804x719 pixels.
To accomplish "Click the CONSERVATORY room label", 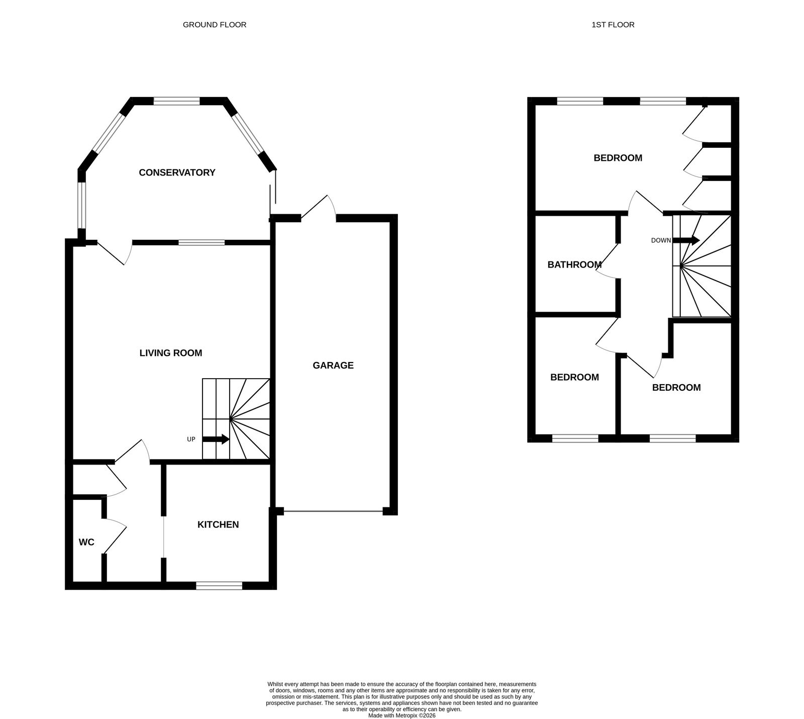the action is pos(177,172).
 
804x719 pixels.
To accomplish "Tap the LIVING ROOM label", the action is pos(171,353).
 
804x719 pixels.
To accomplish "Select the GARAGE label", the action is pos(333,366).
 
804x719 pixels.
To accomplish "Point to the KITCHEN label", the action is pos(218,525).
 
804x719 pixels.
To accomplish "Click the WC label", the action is pos(86,543).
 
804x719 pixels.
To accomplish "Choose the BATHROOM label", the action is pos(574,264).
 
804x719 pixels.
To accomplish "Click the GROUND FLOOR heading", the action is pos(215,25).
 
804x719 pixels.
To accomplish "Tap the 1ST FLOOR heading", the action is pos(613,25).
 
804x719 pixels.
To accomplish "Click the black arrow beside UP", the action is pos(216,439).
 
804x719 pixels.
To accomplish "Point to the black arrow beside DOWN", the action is pos(686,240).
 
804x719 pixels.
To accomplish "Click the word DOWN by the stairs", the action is pos(661,240).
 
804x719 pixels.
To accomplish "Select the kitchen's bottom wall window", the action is pos(219,585).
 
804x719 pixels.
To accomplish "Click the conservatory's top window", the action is pos(177,101).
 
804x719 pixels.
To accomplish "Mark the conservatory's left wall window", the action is pos(82,205).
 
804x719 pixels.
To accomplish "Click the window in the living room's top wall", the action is pos(202,242).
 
